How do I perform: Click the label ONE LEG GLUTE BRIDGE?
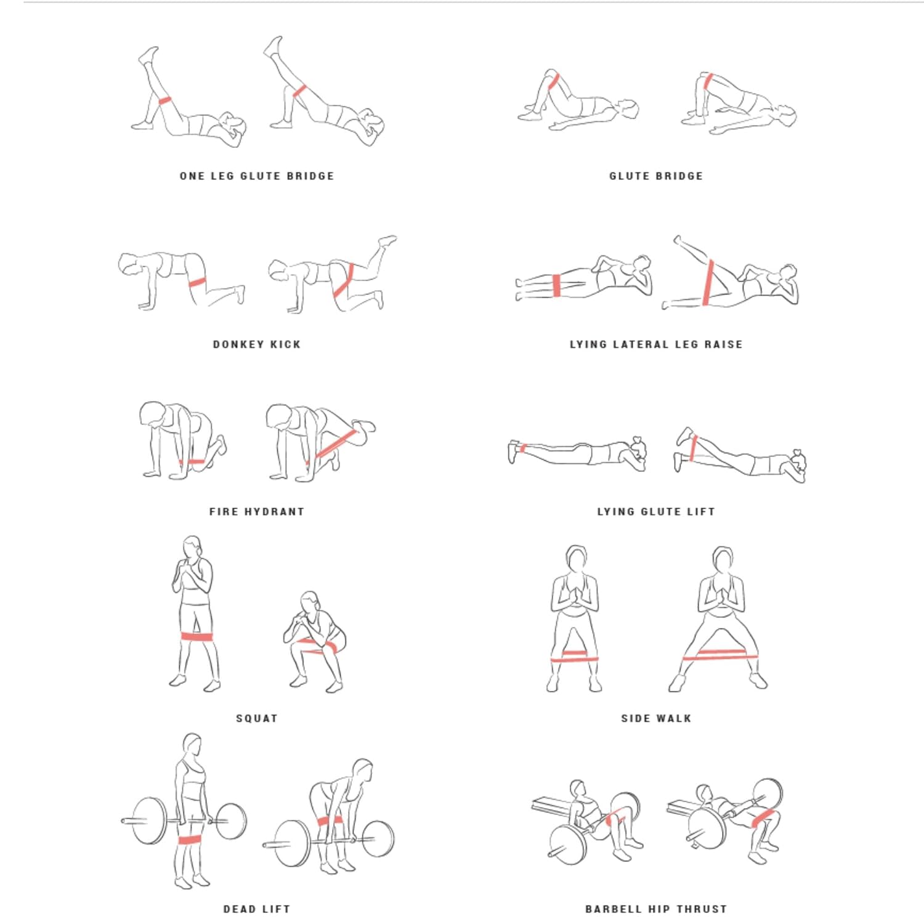(257, 176)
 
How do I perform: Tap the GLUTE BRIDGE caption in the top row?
(656, 176)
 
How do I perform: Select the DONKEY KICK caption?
(257, 344)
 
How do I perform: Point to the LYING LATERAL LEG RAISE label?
(656, 344)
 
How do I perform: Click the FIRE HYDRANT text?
(257, 512)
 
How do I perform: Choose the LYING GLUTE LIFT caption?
(656, 512)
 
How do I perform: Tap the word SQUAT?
(257, 718)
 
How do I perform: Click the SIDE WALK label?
(656, 718)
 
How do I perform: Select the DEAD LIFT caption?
(257, 909)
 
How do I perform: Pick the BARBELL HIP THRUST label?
(656, 909)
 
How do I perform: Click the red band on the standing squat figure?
(197, 637)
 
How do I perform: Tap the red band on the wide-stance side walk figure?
(715, 655)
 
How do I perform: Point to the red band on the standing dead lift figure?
(190, 840)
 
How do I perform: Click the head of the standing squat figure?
(193, 547)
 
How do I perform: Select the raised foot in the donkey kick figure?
(387, 240)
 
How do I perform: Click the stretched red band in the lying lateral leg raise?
(708, 282)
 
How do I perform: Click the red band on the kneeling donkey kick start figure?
(197, 282)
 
